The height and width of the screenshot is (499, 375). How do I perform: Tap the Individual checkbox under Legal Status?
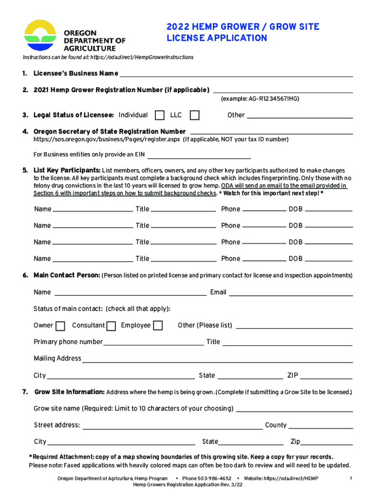(x=159, y=115)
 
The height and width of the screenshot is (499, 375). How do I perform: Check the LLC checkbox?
(x=194, y=115)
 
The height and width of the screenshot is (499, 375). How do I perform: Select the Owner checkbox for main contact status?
(x=60, y=326)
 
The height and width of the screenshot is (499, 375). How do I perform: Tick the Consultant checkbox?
(x=111, y=326)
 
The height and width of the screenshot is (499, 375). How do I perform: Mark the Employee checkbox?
(x=158, y=326)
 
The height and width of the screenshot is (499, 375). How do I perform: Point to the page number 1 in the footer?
(x=351, y=479)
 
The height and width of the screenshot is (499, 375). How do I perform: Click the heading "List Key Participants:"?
(x=67, y=171)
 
